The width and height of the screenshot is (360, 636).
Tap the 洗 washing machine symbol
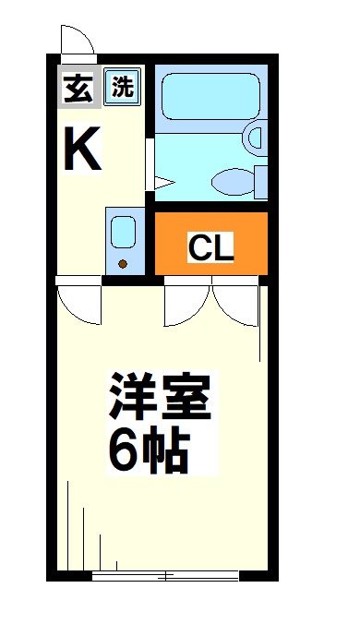tap(122, 87)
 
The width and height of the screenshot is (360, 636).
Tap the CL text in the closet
tap(211, 246)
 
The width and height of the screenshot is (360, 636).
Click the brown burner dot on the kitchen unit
tap(123, 265)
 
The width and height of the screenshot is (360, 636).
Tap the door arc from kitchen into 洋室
tap(77, 305)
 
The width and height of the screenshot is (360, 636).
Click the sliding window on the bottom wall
tap(166, 575)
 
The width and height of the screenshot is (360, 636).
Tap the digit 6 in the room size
tap(123, 450)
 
